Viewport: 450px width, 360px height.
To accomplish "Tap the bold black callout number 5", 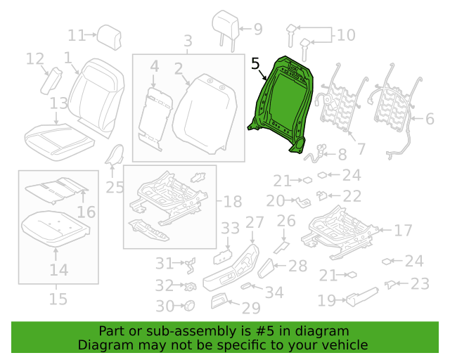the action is pos(255,64).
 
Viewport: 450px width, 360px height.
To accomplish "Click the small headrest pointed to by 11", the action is pos(109,37).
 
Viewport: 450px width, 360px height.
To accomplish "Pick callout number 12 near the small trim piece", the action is pos(35,59).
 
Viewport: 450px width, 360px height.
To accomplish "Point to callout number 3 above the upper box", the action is pos(188,41).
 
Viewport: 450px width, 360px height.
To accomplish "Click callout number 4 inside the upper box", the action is pos(155,67).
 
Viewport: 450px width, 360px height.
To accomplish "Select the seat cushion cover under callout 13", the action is pos(59,142).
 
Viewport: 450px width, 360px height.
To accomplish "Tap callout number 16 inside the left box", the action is pos(86,212).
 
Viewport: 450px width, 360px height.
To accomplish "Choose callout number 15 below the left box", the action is pos(58,299).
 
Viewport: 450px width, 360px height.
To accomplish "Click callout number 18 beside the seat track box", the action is pos(233,202).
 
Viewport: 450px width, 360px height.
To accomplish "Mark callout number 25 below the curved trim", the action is pos(115,188).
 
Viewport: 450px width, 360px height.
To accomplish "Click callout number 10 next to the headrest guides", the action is pos(346,35).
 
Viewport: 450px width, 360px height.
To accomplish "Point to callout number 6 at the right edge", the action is pos(430,119).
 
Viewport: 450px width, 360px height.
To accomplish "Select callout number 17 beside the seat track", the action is pos(403,230).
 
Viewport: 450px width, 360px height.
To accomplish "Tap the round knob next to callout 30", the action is pos(188,305).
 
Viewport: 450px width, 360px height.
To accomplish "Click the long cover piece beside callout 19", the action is pos(362,297).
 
